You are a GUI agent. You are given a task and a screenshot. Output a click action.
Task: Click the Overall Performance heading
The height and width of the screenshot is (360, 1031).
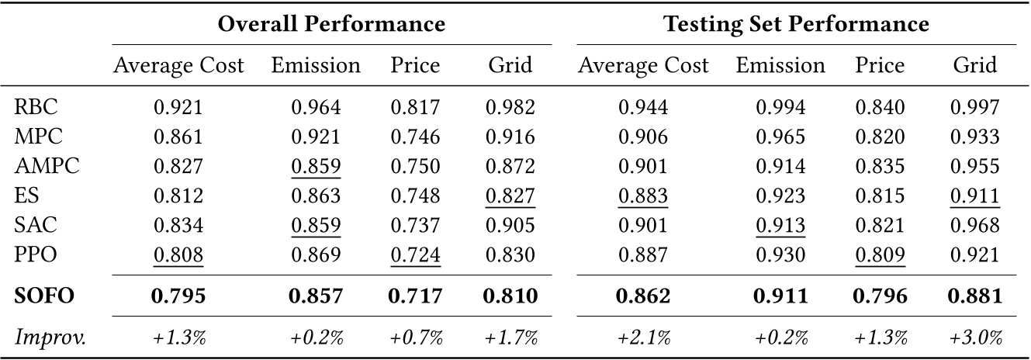click(x=331, y=25)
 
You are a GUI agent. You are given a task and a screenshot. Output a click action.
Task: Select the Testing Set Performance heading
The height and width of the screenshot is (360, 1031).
click(x=797, y=25)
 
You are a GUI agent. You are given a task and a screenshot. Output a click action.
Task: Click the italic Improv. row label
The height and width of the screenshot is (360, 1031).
click(x=46, y=337)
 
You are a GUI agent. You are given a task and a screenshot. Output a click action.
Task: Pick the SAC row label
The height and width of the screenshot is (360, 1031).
click(x=32, y=224)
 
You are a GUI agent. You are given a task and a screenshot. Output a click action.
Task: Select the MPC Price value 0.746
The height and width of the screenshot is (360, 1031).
click(x=415, y=137)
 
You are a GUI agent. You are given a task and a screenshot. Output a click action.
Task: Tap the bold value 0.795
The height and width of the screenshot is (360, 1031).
click(x=178, y=296)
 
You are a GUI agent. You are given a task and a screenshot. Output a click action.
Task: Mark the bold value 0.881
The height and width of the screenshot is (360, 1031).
click(x=974, y=296)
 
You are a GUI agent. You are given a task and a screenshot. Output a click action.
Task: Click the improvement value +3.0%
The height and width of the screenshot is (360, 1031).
click(x=974, y=337)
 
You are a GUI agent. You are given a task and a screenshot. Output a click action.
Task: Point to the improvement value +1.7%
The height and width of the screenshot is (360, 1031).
click(x=510, y=337)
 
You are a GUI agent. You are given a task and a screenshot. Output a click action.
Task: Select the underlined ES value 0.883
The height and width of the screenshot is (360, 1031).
click(x=643, y=196)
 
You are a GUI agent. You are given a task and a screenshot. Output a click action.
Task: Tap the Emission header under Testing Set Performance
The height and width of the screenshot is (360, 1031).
click(x=780, y=66)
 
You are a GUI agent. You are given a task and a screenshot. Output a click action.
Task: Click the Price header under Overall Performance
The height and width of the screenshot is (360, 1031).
click(x=415, y=66)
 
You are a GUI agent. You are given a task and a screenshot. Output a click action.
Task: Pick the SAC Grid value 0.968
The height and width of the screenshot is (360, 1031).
click(x=974, y=224)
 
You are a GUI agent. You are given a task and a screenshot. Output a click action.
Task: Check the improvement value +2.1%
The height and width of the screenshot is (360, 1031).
click(x=643, y=337)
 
